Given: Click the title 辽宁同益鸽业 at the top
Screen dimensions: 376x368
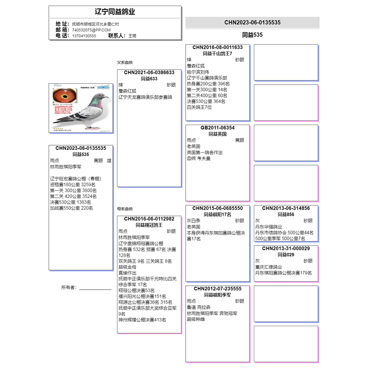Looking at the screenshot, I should coord(115,12).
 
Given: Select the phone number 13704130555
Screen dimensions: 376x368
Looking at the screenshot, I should coord(84,36).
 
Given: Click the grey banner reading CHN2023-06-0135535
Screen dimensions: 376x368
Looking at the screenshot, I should coord(252,23).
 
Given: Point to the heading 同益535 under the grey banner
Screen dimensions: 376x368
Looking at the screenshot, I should coord(252,35).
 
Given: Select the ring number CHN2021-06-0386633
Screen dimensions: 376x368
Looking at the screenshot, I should coord(149,73).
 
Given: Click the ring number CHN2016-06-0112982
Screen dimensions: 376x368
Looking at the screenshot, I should coord(149,219).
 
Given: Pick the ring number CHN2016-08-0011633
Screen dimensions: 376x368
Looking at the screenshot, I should coord(218,47).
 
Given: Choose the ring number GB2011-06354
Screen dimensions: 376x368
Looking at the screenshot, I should coord(218,128).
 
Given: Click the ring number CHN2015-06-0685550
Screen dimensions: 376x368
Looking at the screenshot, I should coord(218,208).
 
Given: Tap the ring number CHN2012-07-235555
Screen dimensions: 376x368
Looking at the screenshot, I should coord(218,289).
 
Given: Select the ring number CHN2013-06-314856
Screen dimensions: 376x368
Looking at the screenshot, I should coord(286,208).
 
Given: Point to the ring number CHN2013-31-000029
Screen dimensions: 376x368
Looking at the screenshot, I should coord(286,249).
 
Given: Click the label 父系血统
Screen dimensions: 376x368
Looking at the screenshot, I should coord(125,63).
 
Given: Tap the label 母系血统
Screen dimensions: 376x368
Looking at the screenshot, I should coord(125,209).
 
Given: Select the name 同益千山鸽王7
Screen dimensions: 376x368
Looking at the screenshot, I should coord(218,54).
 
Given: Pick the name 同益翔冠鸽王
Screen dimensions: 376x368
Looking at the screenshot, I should coord(149,225).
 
